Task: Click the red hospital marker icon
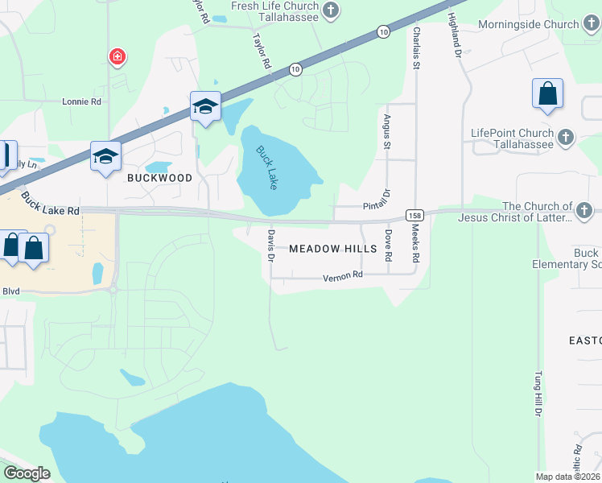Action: click(x=118, y=56)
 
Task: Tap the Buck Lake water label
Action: click(x=267, y=167)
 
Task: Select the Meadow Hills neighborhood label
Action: click(x=332, y=250)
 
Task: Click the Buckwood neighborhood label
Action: click(x=159, y=178)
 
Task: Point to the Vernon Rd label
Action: click(x=344, y=275)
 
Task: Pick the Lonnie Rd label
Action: click(x=82, y=102)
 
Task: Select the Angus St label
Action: click(x=387, y=131)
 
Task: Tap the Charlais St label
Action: click(x=416, y=47)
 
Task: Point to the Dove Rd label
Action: click(x=388, y=246)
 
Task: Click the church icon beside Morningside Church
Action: click(x=592, y=24)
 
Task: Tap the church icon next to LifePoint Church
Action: click(x=566, y=137)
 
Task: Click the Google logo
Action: click(x=27, y=473)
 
